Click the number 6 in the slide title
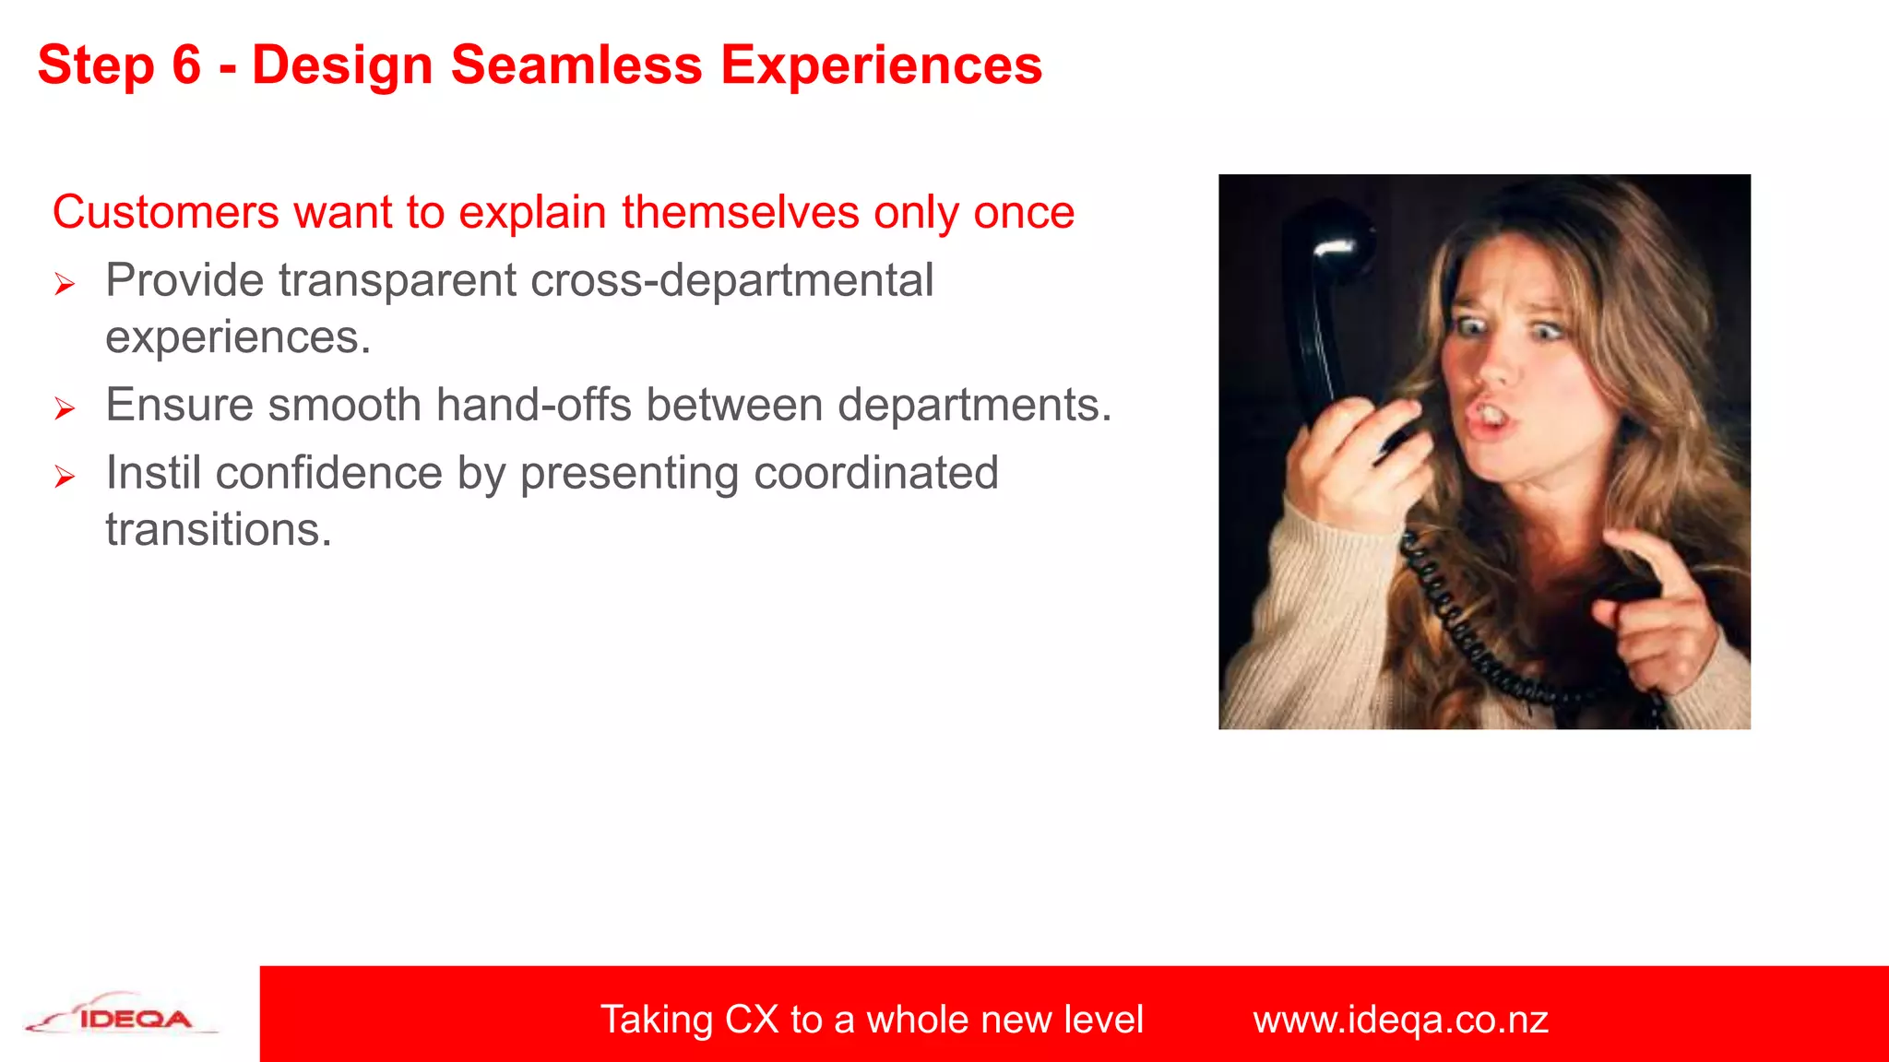[185, 66]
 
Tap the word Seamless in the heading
[576, 66]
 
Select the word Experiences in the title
[881, 66]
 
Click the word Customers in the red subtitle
[165, 212]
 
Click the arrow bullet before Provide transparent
[64, 284]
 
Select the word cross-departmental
[732, 280]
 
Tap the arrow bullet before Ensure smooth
[64, 408]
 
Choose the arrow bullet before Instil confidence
[64, 477]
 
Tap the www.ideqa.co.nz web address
[1400, 1020]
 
